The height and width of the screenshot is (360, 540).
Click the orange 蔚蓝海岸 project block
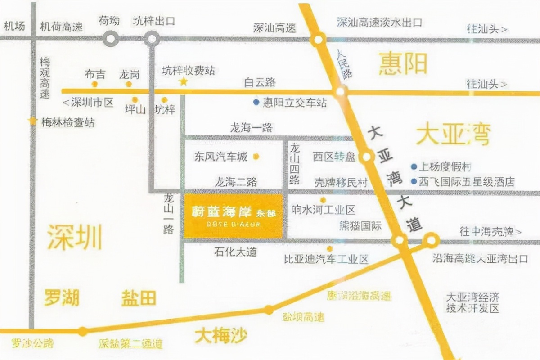tap(233, 216)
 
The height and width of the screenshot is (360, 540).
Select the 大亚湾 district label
tap(453, 135)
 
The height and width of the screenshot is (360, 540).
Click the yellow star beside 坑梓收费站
tap(184, 81)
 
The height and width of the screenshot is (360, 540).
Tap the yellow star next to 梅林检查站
tap(32, 121)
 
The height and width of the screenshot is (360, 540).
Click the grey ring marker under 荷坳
tap(110, 39)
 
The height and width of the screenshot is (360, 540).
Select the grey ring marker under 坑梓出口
tap(152, 39)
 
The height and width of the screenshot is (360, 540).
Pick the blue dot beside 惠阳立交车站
tap(256, 102)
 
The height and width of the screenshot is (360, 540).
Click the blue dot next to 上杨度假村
tap(414, 166)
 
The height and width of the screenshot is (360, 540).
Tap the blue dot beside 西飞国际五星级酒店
tap(414, 181)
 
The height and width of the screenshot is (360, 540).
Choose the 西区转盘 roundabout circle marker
tap(367, 157)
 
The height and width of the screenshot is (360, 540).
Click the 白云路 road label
tap(260, 82)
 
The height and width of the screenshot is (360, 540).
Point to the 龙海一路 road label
tap(251, 128)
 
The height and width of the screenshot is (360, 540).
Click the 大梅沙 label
tap(221, 335)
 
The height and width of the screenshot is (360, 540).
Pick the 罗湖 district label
tap(62, 297)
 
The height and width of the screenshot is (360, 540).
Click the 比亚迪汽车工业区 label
tap(326, 259)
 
